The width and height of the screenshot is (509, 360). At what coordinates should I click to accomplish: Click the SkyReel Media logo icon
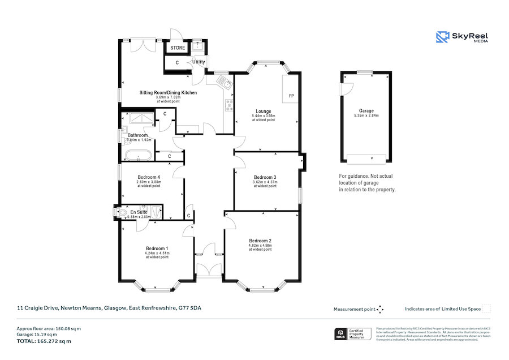[442, 37]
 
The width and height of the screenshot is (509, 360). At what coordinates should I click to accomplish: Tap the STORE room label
[178, 48]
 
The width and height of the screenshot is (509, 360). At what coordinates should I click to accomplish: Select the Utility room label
[199, 62]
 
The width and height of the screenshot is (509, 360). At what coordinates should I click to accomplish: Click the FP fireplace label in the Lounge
[291, 96]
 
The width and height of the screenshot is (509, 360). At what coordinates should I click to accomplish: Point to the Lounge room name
[264, 112]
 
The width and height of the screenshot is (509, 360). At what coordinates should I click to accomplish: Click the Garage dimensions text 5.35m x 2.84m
[365, 115]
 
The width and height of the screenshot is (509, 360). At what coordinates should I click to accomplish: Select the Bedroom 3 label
[265, 178]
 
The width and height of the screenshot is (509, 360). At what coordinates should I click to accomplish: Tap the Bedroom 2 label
[260, 241]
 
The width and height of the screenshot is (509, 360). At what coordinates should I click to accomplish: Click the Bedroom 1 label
[157, 248]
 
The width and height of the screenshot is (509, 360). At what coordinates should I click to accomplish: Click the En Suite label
[139, 212]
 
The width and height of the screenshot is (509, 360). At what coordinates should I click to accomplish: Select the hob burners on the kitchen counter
[229, 105]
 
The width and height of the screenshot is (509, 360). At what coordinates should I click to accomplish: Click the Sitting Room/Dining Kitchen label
[169, 92]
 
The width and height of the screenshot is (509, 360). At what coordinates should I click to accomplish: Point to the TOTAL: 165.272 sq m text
[44, 341]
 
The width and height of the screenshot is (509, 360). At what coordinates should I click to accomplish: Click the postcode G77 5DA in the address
[190, 308]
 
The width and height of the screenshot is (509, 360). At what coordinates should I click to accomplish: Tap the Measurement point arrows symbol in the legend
[380, 309]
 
